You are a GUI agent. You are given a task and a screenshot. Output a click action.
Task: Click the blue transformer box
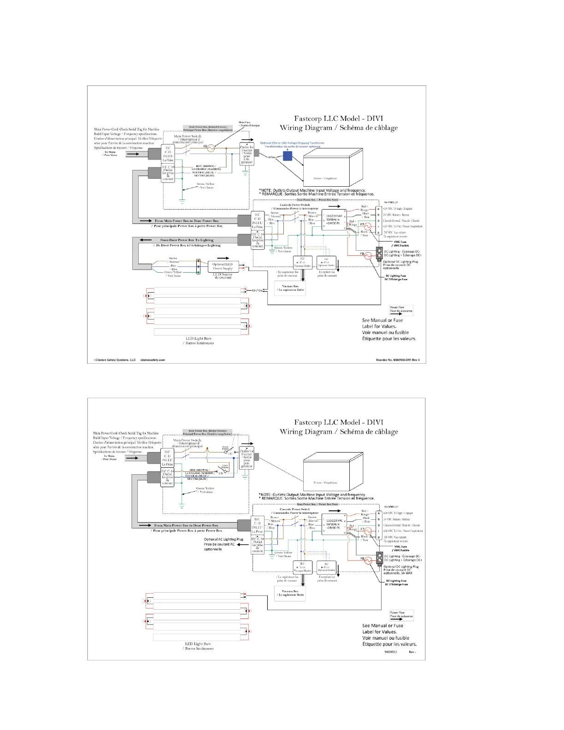pyautogui.click(x=288, y=156)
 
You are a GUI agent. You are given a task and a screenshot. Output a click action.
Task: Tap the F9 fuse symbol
pyautogui.click(x=211, y=148)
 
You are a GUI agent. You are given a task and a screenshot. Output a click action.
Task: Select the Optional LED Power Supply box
pyautogui.click(x=223, y=266)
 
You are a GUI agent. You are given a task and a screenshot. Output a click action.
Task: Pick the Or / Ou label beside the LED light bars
pyautogui.click(x=257, y=290)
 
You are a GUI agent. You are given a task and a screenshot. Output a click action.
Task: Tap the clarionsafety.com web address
pyautogui.click(x=153, y=360)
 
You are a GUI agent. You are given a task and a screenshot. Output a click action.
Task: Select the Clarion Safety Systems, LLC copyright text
pyautogui.click(x=113, y=360)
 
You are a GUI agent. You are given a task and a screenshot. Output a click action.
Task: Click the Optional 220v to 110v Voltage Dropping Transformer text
pyautogui.click(x=292, y=143)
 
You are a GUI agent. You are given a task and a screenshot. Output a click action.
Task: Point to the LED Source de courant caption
pyautogui.click(x=223, y=276)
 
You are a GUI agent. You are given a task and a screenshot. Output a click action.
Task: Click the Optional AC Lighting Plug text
pyautogui.click(x=223, y=539)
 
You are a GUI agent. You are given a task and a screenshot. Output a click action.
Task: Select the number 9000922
pyautogui.click(x=391, y=652)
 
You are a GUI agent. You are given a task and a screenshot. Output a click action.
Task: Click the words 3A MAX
pyautogui.click(x=406, y=573)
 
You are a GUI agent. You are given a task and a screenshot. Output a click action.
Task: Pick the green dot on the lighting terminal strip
pyautogui.click(x=198, y=271)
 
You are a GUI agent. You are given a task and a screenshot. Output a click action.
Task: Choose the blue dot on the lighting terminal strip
pyautogui.click(x=198, y=266)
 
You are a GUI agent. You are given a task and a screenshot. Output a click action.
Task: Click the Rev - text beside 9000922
pyautogui.click(x=412, y=652)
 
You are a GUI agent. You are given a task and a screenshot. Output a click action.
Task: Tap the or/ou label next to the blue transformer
pyautogui.click(x=272, y=157)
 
